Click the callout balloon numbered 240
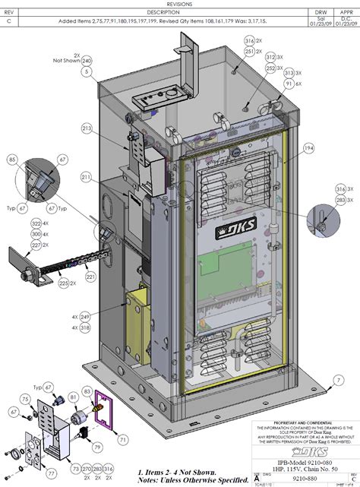click(87, 60)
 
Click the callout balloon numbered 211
click(87, 177)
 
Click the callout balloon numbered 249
click(84, 315)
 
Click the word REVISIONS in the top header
click(179, 4)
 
